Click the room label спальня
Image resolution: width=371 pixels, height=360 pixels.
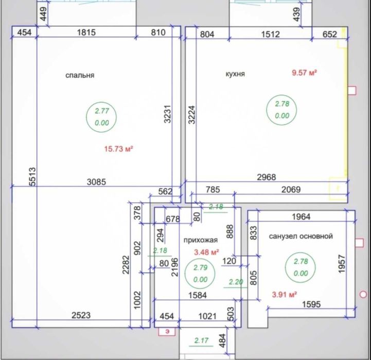pyautogui.click(x=80, y=76)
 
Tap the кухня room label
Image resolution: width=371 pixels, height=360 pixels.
pyautogui.click(x=235, y=74)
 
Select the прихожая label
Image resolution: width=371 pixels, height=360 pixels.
pyautogui.click(x=200, y=240)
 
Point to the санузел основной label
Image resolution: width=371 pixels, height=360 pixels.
pyautogui.click(x=301, y=236)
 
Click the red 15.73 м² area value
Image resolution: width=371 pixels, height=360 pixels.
pyautogui.click(x=118, y=149)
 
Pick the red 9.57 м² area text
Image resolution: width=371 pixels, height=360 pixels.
pyautogui.click(x=304, y=73)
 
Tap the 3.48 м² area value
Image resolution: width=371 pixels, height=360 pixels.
pyautogui.click(x=206, y=252)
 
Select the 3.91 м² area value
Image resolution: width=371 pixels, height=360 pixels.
pyautogui.click(x=285, y=295)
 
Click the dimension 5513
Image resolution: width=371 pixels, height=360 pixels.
pyautogui.click(x=32, y=177)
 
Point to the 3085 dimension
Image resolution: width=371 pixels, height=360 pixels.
pyautogui.click(x=96, y=182)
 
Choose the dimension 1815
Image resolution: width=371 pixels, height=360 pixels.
pyautogui.click(x=86, y=32)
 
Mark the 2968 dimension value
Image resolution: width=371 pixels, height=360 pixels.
pyautogui.click(x=267, y=177)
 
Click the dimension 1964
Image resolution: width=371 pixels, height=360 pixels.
pyautogui.click(x=301, y=217)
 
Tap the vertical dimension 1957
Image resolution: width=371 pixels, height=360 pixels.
pyautogui.click(x=342, y=264)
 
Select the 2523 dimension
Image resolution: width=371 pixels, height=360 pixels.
pyautogui.click(x=81, y=315)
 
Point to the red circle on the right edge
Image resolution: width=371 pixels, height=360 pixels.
pyautogui.click(x=363, y=295)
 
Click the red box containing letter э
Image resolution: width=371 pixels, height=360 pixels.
pyautogui.click(x=167, y=331)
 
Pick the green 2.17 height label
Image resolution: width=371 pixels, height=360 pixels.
pyautogui.click(x=201, y=340)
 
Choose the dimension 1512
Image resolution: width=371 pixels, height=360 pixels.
pyautogui.click(x=271, y=34)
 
